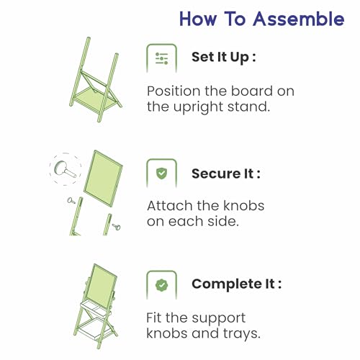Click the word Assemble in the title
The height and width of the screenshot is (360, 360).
coord(299,19)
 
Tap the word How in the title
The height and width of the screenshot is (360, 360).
coord(198,19)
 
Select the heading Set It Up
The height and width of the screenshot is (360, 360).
coord(223,58)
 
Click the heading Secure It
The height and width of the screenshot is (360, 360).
coord(226,174)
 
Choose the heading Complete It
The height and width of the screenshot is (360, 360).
coord(236,284)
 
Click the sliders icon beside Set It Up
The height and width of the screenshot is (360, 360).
coord(161,58)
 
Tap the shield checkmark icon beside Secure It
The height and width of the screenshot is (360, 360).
coord(161,174)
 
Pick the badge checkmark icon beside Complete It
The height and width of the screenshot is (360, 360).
coord(161,285)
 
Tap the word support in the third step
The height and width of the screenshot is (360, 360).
coord(218,319)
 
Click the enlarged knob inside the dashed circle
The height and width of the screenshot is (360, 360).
coord(65,169)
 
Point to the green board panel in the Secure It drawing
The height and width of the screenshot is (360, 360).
coord(103,179)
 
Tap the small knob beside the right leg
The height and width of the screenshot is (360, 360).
coord(117,227)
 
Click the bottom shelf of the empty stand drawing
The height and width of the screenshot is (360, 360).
coord(95,99)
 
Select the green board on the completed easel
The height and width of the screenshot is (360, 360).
coord(102,286)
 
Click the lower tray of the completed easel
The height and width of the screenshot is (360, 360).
coord(94,329)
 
